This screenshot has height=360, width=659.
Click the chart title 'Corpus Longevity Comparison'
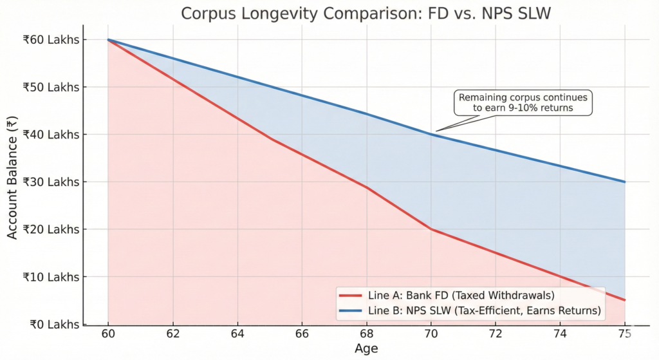[366, 14]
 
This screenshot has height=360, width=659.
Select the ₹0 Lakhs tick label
[57, 324]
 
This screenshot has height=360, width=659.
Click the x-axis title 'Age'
[366, 349]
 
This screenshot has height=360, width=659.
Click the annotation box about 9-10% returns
[523, 103]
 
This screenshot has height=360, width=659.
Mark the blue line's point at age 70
[431, 134]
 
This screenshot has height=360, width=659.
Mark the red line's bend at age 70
[431, 229]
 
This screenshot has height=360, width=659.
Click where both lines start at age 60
[107, 40]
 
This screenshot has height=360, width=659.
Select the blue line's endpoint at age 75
[624, 182]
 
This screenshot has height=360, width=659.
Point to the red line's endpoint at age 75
[624, 300]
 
